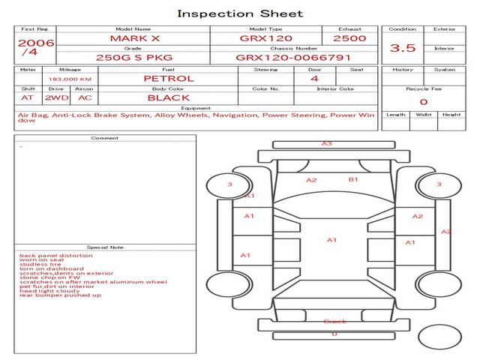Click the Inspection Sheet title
click(240, 13)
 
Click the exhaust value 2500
click(349, 37)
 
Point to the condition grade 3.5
click(403, 48)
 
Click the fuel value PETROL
click(169, 78)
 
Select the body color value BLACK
click(169, 97)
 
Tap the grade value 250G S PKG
click(133, 57)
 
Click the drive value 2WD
click(55, 97)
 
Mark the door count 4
click(314, 78)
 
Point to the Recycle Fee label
click(424, 88)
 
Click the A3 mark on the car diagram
click(327, 143)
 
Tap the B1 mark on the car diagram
click(353, 180)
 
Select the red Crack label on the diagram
click(334, 322)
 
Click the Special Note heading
click(105, 247)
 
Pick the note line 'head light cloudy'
click(47, 290)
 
